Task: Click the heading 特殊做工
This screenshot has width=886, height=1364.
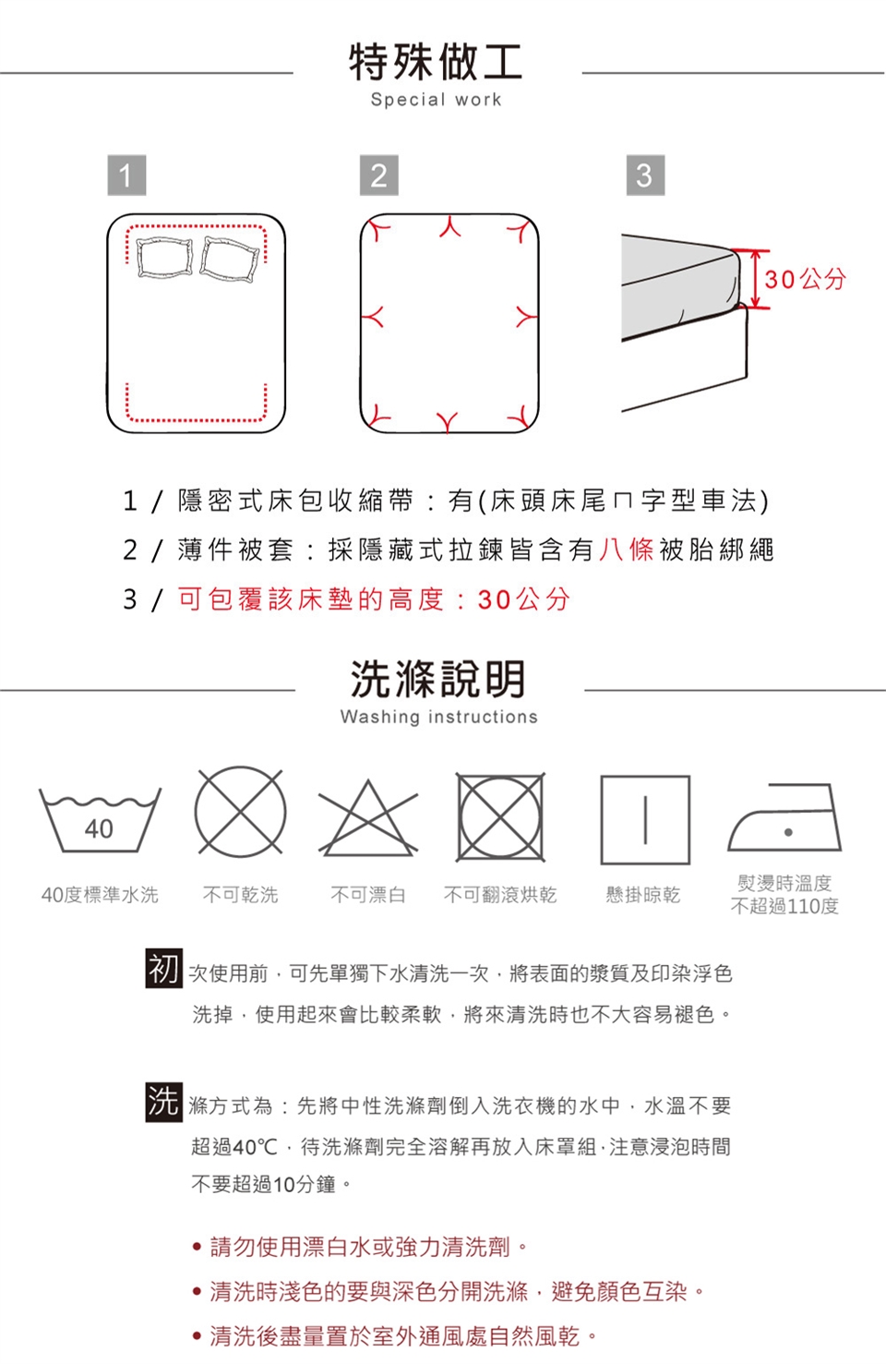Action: [436, 63]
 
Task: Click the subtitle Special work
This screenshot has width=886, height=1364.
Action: [437, 99]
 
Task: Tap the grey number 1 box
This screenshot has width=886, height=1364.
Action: [126, 175]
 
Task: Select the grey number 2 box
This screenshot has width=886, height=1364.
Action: [378, 175]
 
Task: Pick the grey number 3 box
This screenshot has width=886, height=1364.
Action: [645, 175]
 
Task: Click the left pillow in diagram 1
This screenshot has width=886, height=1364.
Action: [163, 257]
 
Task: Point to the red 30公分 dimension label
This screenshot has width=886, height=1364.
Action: [805, 280]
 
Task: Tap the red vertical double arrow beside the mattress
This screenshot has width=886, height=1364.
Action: [755, 279]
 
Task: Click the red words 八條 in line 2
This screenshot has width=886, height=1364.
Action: [627, 549]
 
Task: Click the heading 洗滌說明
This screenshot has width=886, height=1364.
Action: [437, 679]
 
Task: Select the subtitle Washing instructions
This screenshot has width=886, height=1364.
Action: [438, 717]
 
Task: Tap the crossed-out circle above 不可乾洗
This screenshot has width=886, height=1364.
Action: [240, 812]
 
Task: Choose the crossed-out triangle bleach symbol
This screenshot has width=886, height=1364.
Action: [368, 818]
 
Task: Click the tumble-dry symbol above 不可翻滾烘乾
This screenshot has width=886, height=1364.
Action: [501, 817]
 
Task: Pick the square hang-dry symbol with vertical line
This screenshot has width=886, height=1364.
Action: [645, 820]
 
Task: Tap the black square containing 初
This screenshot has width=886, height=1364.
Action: [163, 968]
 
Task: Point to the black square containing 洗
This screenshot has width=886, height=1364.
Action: [163, 1102]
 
